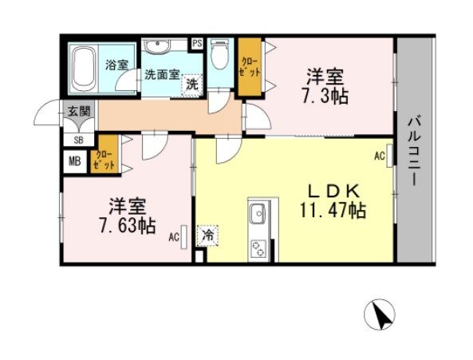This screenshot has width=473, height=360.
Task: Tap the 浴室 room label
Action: tap(116, 65)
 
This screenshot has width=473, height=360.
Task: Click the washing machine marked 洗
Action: tap(192, 83)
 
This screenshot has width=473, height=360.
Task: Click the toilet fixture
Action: tap(220, 57)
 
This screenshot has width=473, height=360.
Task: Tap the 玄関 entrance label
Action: tap(78, 112)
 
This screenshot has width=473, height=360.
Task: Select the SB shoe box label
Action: tap(78, 140)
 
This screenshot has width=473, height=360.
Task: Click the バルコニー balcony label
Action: tap(415, 151)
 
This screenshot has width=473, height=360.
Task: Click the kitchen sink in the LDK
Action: tap(258, 213)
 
